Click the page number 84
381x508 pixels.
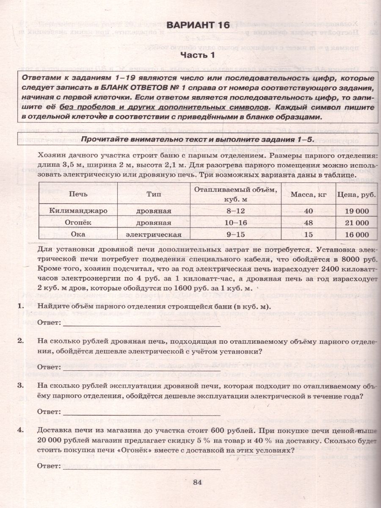tap(198, 482)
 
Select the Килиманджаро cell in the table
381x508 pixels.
tap(78, 210)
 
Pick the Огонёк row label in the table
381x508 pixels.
tap(78, 223)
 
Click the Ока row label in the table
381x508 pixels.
tap(78, 235)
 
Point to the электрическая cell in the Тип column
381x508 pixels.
tap(154, 235)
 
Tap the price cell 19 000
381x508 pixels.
tap(354, 210)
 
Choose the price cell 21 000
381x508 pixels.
tap(354, 223)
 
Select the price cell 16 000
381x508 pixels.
tap(354, 235)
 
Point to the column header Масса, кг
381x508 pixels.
tap(308, 194)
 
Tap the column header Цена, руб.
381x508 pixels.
tap(354, 194)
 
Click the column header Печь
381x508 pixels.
tap(78, 194)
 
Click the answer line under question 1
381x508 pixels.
tap(141, 325)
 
